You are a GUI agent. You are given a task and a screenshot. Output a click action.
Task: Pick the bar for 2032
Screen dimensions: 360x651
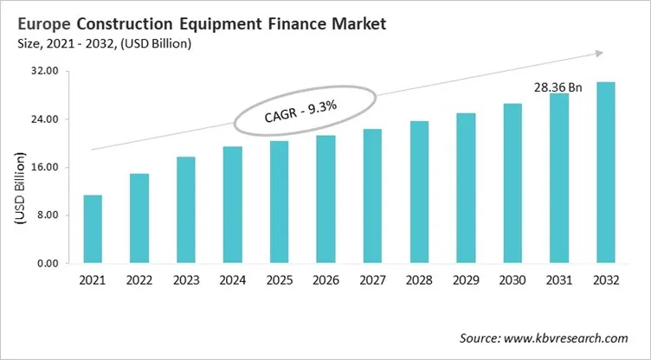pos(606,172)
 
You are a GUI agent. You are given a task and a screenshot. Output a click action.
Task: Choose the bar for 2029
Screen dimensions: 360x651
pos(466,188)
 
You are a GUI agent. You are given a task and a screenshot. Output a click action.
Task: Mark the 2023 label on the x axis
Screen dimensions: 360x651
pos(186,280)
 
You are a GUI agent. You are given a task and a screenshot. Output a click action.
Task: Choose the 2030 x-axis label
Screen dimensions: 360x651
pos(512,280)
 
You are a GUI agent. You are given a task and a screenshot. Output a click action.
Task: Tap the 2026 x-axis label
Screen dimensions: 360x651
pos(326,280)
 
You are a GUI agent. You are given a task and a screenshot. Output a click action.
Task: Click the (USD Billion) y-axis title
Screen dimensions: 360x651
pos(19,189)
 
